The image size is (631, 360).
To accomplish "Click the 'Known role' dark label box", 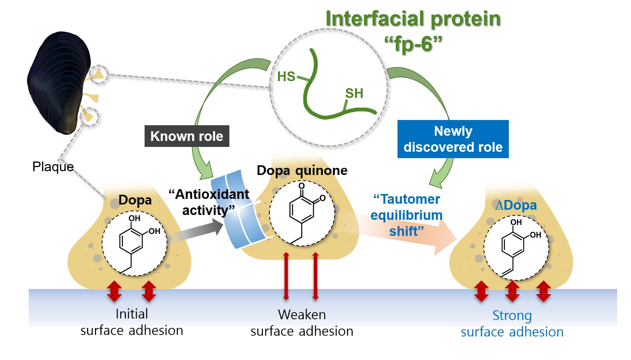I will pyautogui.click(x=187, y=136).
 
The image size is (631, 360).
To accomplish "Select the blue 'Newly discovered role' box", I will pyautogui.click(x=453, y=139).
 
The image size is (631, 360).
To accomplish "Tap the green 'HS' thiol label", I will pyautogui.click(x=286, y=77).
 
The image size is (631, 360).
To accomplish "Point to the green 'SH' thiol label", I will pyautogui.click(x=354, y=93).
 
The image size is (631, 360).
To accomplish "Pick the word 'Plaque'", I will pyautogui.click(x=53, y=167).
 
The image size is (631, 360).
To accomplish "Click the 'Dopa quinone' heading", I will pyautogui.click(x=302, y=170).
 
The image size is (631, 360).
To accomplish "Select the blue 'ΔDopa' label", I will pyautogui.click(x=516, y=205).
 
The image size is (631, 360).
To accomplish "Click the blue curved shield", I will pyautogui.click(x=239, y=209).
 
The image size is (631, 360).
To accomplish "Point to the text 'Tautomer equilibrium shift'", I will pyautogui.click(x=406, y=215).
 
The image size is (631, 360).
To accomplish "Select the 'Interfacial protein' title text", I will pyautogui.click(x=413, y=19).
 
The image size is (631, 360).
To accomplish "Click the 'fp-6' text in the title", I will pyautogui.click(x=413, y=44).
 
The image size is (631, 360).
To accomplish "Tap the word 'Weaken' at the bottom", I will pyautogui.click(x=302, y=315).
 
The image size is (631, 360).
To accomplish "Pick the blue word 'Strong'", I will pyautogui.click(x=512, y=316).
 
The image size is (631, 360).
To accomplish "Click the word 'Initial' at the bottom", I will pyautogui.click(x=132, y=314).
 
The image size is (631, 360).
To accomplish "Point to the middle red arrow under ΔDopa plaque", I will pyautogui.click(x=512, y=291).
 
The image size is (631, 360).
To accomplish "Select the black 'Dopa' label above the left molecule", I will pyautogui.click(x=135, y=200).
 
